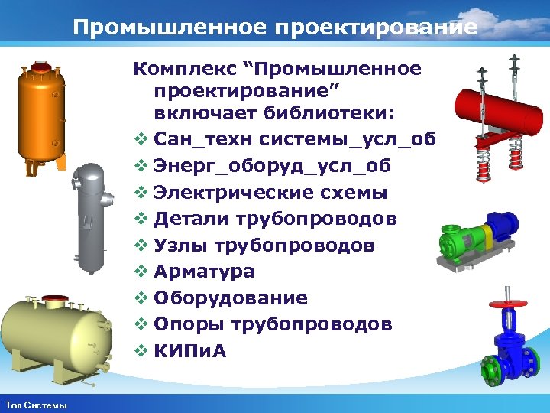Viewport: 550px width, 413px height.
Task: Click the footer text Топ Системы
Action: point(36,405)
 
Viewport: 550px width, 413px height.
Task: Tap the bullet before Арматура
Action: point(140,272)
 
